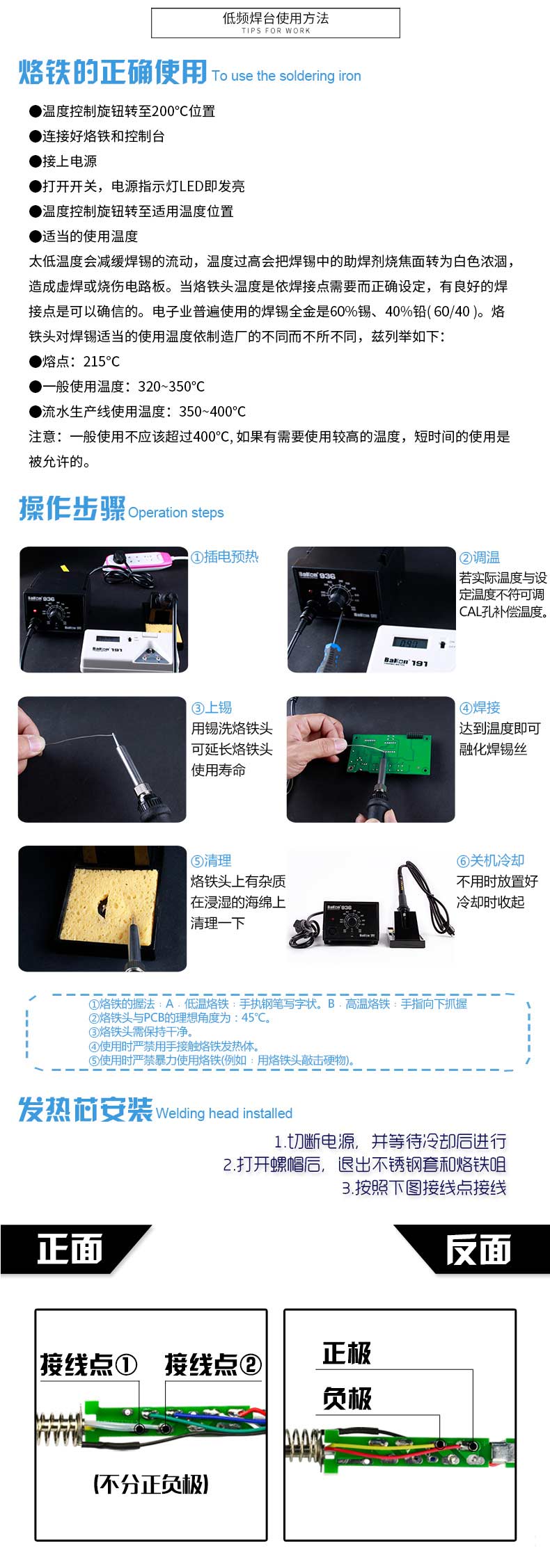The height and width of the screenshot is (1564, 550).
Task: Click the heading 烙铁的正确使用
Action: coord(113,72)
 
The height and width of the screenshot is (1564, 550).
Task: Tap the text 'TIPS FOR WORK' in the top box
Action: coord(276,31)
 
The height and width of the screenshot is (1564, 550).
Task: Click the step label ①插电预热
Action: coord(225,557)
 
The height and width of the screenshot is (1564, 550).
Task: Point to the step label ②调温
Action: coord(479,558)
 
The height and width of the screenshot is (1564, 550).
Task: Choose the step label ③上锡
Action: coord(212,708)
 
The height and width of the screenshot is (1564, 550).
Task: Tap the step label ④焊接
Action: coord(479,708)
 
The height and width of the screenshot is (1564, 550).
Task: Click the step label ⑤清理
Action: coord(211,861)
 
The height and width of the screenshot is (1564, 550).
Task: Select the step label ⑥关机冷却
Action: coord(490,861)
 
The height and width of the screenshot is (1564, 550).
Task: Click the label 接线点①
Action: coord(88,1364)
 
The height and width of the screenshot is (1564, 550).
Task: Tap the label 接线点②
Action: coord(213,1364)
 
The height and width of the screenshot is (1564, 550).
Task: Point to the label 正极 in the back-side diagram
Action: coord(347,1353)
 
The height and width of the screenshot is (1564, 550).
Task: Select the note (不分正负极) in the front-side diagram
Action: coord(151,1485)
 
